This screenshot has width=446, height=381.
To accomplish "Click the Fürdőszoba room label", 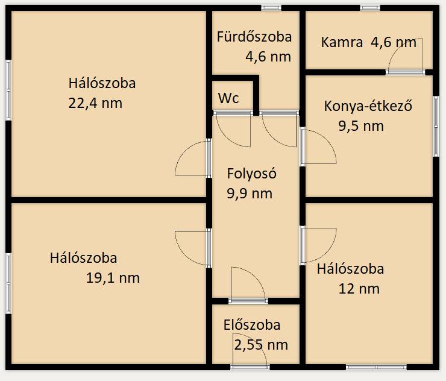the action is point(254,37).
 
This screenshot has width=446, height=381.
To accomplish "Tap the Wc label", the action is point(228,98).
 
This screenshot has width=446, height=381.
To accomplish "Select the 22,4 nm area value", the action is point(95,103).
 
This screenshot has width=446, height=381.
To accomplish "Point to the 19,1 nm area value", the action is point(113,278).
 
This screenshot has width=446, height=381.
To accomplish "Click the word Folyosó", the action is point(252,174).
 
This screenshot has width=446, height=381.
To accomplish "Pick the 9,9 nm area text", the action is point(250,194).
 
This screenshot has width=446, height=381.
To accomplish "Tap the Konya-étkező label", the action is point(368,106).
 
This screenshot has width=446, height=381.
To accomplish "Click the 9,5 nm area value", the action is point(361,126).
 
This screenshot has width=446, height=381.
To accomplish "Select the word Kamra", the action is point(342,42).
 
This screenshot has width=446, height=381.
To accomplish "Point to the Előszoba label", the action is point(252,325).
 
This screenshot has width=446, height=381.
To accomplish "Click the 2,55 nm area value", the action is point(261,345).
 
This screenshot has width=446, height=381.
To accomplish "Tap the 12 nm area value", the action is point(359,289).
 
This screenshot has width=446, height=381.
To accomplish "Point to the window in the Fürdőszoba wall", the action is point(271,8).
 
